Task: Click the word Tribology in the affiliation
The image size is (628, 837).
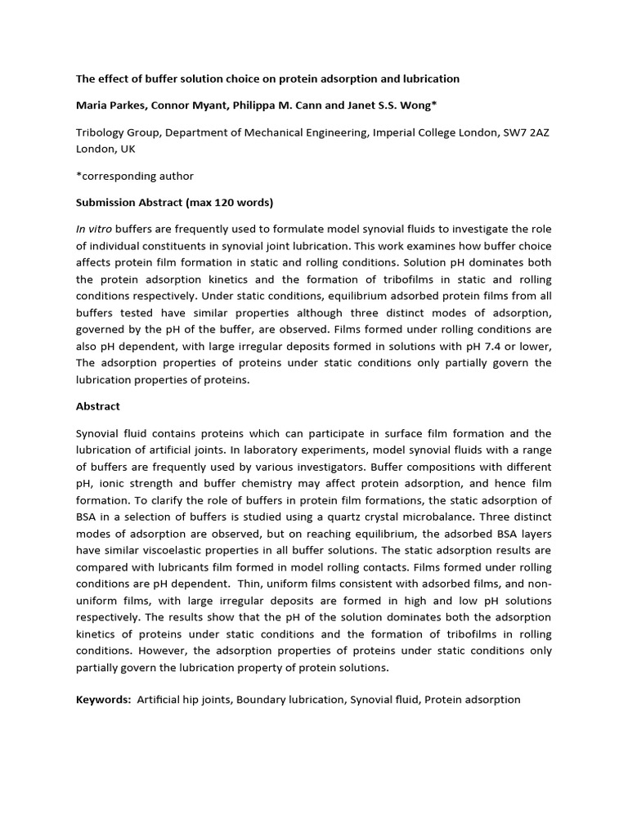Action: pyautogui.click(x=102, y=132)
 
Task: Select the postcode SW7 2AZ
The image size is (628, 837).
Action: pyautogui.click(x=526, y=132)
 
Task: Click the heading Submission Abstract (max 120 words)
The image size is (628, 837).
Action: pyautogui.click(x=175, y=202)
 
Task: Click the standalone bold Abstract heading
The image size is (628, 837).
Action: pyautogui.click(x=98, y=406)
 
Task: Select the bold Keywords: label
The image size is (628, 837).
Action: pyautogui.click(x=104, y=700)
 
